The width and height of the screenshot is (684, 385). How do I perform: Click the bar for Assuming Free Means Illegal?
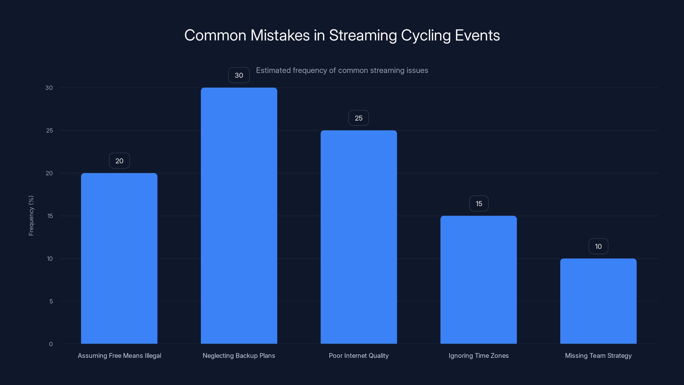click(119, 258)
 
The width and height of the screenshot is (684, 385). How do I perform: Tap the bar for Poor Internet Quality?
click(358, 237)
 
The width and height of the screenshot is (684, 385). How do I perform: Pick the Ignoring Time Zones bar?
click(479, 280)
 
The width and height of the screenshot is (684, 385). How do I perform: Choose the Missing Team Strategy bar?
click(598, 301)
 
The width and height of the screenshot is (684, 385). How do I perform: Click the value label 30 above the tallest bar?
click(239, 75)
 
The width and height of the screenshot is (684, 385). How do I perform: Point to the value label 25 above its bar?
click(358, 118)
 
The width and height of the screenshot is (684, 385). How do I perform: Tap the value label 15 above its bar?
click(479, 204)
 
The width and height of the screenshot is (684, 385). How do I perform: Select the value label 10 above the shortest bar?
click(598, 246)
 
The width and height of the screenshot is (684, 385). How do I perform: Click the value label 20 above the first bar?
click(119, 161)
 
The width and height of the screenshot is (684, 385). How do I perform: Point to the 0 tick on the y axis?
click(51, 344)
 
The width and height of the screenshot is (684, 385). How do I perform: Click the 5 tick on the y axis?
click(51, 301)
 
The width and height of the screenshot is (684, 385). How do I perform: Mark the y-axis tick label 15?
click(50, 216)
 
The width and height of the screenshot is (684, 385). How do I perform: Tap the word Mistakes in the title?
click(280, 35)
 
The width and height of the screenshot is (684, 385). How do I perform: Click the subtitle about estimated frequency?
click(342, 70)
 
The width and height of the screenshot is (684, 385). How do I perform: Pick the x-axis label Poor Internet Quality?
click(358, 355)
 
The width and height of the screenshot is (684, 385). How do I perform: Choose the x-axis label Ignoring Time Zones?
click(479, 355)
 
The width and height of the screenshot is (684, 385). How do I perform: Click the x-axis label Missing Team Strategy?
click(598, 355)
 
